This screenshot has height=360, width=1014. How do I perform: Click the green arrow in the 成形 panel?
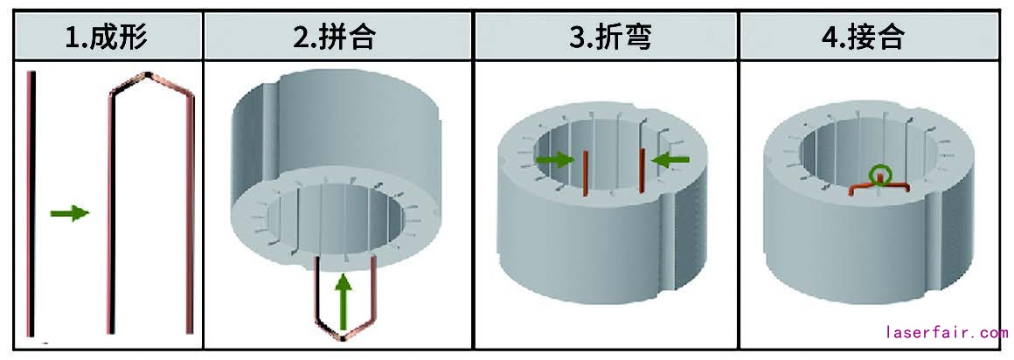(70, 212)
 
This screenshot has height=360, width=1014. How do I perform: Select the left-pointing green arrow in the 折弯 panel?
(670, 159)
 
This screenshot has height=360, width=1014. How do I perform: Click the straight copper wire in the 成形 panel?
(31, 201)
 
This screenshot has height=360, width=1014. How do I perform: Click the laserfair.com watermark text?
(947, 333)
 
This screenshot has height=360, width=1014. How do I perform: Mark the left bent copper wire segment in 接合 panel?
(862, 187)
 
